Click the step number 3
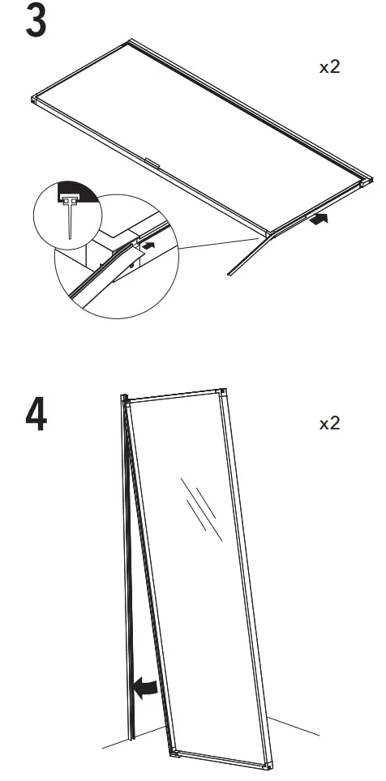click(36, 23)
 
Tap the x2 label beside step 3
click(329, 67)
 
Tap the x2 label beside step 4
click(329, 424)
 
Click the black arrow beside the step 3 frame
click(320, 218)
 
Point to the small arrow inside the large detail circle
click(146, 241)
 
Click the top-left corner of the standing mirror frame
click(127, 399)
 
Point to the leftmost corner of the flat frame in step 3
click(35, 100)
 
